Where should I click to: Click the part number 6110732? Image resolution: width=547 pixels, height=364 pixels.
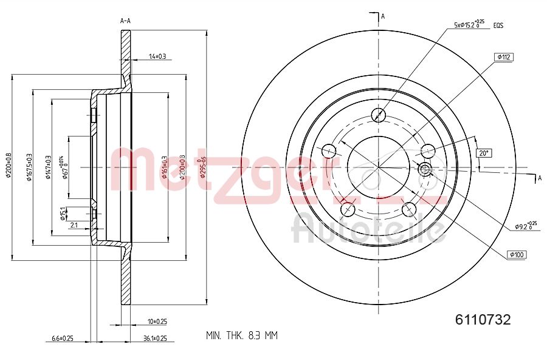pyautogui.click(x=483, y=320)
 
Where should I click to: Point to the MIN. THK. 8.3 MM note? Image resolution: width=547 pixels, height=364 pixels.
pyautogui.click(x=241, y=335)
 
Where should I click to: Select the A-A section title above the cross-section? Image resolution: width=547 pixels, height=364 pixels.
pyautogui.click(x=126, y=21)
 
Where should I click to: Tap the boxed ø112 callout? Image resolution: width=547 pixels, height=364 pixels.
pyautogui.click(x=504, y=57)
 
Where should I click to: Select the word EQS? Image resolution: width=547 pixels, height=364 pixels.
pyautogui.click(x=498, y=25)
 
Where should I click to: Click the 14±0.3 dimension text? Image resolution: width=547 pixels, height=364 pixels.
pyautogui.click(x=157, y=56)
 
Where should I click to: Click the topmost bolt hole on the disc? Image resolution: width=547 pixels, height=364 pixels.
pyautogui.click(x=378, y=115)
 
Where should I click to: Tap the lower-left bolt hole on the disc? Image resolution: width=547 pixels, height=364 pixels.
pyautogui.click(x=348, y=209)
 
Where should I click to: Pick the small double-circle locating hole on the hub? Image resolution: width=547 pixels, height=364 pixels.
pyautogui.click(x=425, y=169)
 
